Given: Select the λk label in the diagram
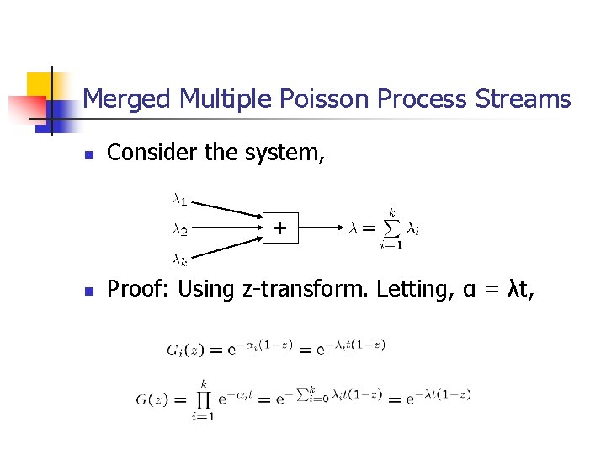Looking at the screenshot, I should [x=178, y=260].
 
